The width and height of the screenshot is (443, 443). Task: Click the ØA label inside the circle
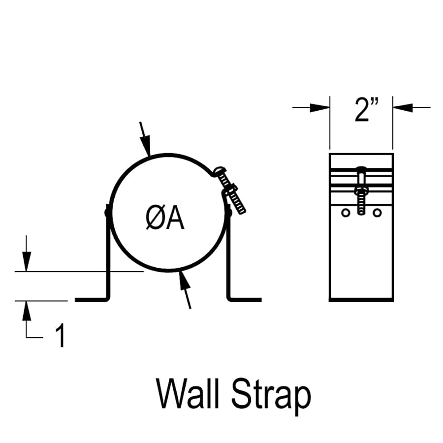pos(165,219)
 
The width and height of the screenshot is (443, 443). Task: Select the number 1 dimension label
pos(60,336)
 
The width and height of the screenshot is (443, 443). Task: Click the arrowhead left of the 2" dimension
pos(319,107)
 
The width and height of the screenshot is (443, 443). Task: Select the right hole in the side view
pos(377,213)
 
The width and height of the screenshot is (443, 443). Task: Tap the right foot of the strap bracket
pos(245,298)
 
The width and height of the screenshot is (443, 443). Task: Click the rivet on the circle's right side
pos(228,212)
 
